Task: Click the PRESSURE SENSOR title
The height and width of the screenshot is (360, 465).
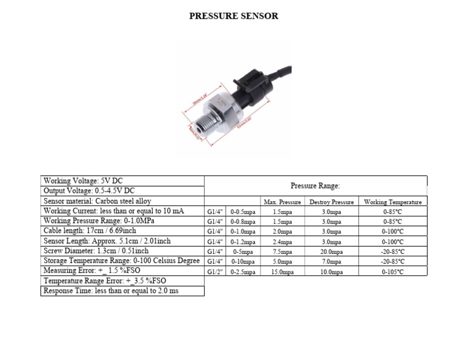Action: [x=234, y=16]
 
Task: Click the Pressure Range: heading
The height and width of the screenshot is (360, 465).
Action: [x=315, y=186]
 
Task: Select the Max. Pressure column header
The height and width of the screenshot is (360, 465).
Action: [x=282, y=202]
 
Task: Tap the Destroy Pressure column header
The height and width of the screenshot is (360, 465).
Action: [x=331, y=202]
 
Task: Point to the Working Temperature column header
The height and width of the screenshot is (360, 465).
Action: [x=392, y=202]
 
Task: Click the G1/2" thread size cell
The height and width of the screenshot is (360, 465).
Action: [x=215, y=272]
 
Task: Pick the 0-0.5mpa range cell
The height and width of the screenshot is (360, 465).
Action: [x=243, y=212]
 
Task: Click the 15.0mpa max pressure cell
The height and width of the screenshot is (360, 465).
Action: [x=282, y=272]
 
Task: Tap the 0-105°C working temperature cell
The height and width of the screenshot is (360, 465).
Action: [x=392, y=272]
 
